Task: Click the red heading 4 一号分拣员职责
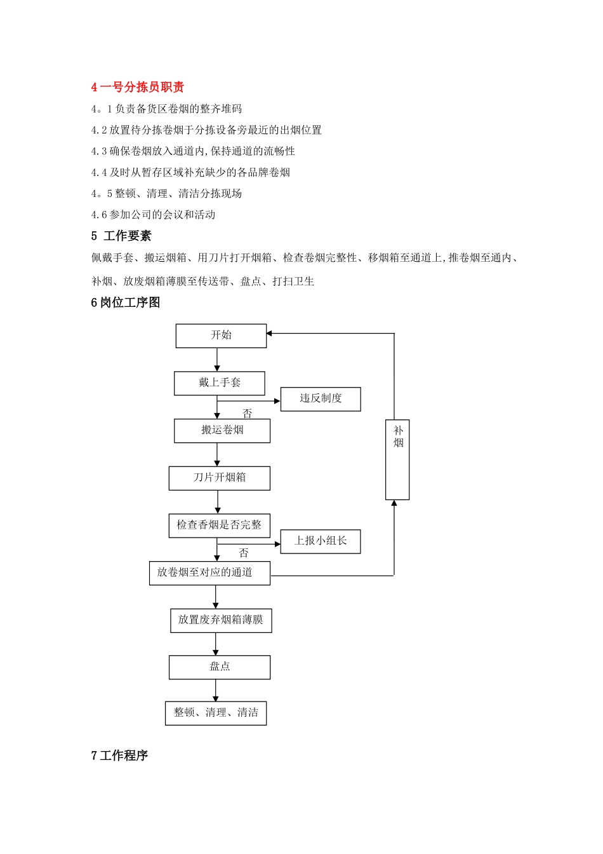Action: pyautogui.click(x=137, y=87)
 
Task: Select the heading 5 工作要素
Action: pyautogui.click(x=121, y=236)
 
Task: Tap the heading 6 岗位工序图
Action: pyautogui.click(x=125, y=302)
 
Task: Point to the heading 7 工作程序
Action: pyautogui.click(x=119, y=755)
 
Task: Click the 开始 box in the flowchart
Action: pyautogui.click(x=221, y=335)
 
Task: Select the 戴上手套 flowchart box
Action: pyautogui.click(x=220, y=383)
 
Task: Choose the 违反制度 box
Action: pyautogui.click(x=321, y=399)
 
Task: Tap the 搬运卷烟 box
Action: pyautogui.click(x=222, y=431)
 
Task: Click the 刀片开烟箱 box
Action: pyautogui.click(x=219, y=478)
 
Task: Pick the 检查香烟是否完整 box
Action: pyautogui.click(x=219, y=525)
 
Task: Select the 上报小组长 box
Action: pyautogui.click(x=321, y=541)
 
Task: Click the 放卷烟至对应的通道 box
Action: pyautogui.click(x=209, y=573)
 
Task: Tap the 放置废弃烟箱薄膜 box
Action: pyautogui.click(x=221, y=620)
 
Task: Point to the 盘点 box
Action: pyautogui.click(x=220, y=667)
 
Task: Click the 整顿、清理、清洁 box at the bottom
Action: pyautogui.click(x=216, y=713)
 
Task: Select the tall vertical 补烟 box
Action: pyautogui.click(x=397, y=459)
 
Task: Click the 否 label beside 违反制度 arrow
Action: pyautogui.click(x=248, y=414)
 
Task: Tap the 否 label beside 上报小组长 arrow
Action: pyautogui.click(x=244, y=553)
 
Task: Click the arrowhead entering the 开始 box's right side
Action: pyautogui.click(x=270, y=334)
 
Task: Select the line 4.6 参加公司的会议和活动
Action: pyautogui.click(x=153, y=215)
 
